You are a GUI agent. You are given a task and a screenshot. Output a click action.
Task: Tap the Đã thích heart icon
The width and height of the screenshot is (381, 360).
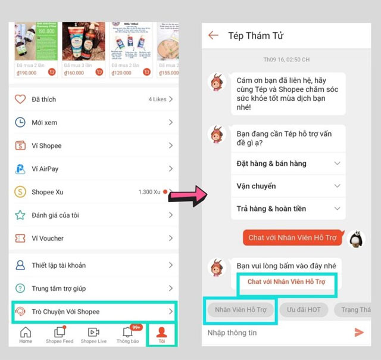[x=20, y=100]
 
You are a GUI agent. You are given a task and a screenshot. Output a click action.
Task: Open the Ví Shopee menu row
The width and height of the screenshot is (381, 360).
[x=95, y=145]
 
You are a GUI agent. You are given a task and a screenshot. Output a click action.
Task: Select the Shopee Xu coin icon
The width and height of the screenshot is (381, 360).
[x=20, y=192]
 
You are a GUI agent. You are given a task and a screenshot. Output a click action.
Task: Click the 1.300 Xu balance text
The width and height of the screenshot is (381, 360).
[x=149, y=192]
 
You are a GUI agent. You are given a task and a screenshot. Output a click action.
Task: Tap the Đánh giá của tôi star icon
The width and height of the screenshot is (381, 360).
[x=20, y=215]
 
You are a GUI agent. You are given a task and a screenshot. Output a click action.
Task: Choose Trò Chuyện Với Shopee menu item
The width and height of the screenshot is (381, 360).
[x=95, y=312]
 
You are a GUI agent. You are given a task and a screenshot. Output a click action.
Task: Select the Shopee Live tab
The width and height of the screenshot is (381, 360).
[x=93, y=334]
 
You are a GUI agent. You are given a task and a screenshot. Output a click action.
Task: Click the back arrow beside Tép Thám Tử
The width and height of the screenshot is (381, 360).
[x=213, y=36]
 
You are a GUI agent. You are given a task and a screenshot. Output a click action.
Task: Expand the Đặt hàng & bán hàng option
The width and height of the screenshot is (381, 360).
[x=286, y=163]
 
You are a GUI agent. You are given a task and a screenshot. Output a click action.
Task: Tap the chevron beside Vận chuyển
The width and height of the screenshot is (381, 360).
[x=337, y=186]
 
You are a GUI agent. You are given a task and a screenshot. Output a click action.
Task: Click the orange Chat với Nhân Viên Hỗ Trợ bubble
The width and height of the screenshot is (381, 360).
[x=293, y=238]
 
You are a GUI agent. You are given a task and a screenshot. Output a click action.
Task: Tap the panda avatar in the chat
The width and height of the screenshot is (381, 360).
[x=357, y=239]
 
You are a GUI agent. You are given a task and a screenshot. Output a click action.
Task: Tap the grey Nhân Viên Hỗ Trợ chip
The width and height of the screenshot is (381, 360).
[x=241, y=310]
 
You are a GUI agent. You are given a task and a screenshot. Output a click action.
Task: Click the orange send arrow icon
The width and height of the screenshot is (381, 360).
[x=359, y=333]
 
